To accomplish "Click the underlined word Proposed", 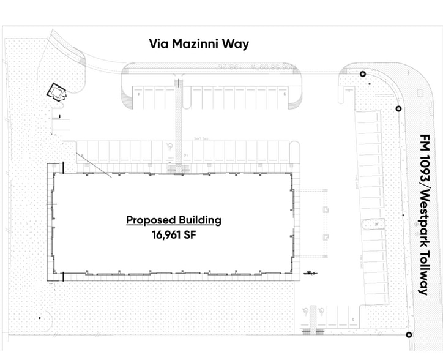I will [151, 220].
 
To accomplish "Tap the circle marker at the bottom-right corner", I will [408, 334].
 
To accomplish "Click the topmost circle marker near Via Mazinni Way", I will [363, 74].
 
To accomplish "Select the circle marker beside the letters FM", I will [399, 109].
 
